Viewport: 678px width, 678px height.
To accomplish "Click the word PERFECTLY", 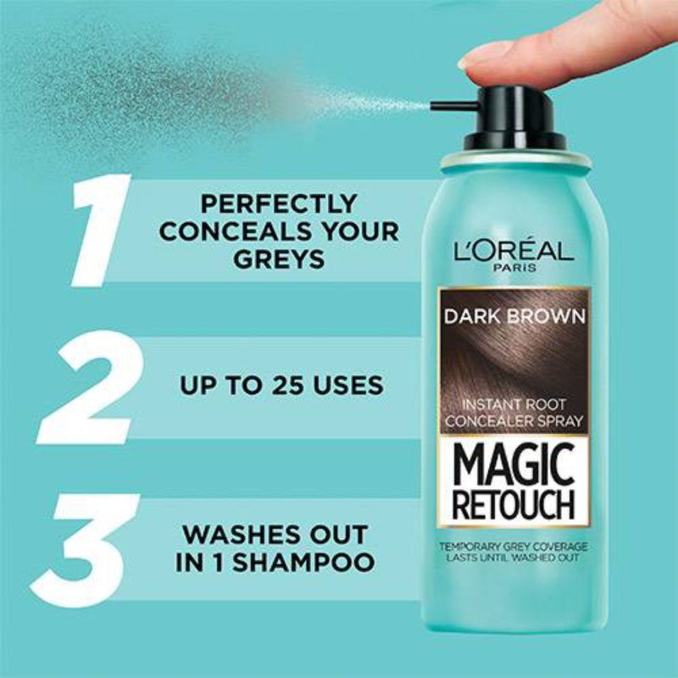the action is pyautogui.click(x=279, y=203).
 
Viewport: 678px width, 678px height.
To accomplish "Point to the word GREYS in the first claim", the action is pyautogui.click(x=279, y=258).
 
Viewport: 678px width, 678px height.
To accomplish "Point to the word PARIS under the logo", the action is pyautogui.click(x=514, y=268).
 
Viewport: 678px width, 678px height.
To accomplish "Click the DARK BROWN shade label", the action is pyautogui.click(x=514, y=316).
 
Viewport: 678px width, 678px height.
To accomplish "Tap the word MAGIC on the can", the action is pyautogui.click(x=514, y=465).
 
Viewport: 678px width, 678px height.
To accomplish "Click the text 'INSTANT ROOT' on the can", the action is pyautogui.click(x=514, y=405).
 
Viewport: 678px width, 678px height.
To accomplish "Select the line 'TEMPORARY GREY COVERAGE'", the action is pyautogui.click(x=514, y=547).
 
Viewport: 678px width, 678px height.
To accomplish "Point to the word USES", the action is pyautogui.click(x=348, y=385).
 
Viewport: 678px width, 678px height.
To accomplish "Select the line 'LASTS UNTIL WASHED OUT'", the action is pyautogui.click(x=513, y=558).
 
